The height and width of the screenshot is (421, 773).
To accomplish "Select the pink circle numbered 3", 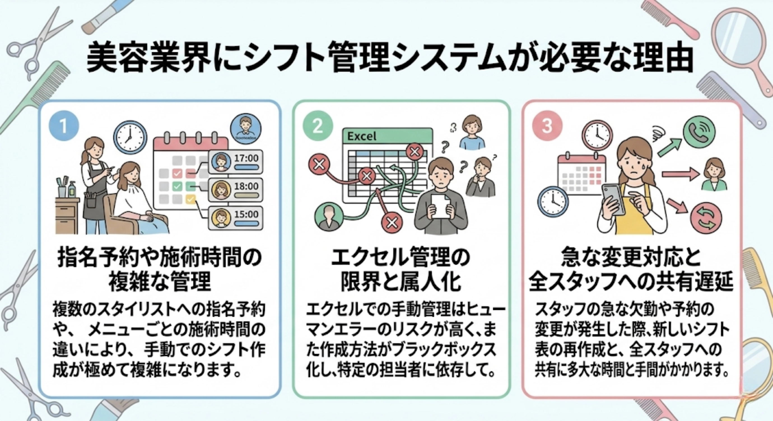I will pyautogui.click(x=547, y=127).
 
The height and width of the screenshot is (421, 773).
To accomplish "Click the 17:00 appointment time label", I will pyautogui.click(x=246, y=158).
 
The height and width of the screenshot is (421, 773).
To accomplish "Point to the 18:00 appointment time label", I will pyautogui.click(x=246, y=186).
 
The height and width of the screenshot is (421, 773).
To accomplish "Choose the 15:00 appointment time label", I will pyautogui.click(x=246, y=215).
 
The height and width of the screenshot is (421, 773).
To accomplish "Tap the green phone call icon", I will pyautogui.click(x=699, y=132).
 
